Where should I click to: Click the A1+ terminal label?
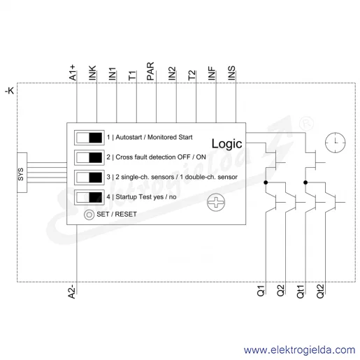73,73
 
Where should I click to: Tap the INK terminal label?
92,73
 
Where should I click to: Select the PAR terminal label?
150,71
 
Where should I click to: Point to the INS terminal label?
231,73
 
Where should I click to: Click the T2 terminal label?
192,75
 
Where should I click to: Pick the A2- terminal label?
72,291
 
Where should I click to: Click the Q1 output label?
261,291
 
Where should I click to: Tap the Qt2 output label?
320,291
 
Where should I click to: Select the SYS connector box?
22,173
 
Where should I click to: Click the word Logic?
226,143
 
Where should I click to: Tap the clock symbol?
336,143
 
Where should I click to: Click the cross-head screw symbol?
216,202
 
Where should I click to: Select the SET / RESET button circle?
89,215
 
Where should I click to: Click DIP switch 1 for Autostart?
89,138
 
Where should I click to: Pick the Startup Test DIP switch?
89,197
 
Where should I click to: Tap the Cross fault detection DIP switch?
89,157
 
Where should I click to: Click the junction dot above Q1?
266,182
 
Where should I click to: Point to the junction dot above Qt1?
305,182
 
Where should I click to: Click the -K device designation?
10,91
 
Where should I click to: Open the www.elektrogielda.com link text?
299,350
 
